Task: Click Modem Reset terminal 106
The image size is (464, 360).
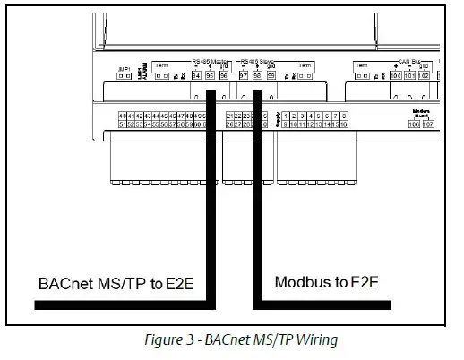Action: coord(413,124)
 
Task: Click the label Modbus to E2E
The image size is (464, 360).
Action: coord(326,283)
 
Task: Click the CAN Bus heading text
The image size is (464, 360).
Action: coord(409,61)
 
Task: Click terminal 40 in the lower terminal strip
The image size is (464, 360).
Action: coord(122,116)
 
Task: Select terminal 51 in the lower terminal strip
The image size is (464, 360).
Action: coord(122,124)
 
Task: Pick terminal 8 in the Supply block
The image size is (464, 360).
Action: coord(344,116)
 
